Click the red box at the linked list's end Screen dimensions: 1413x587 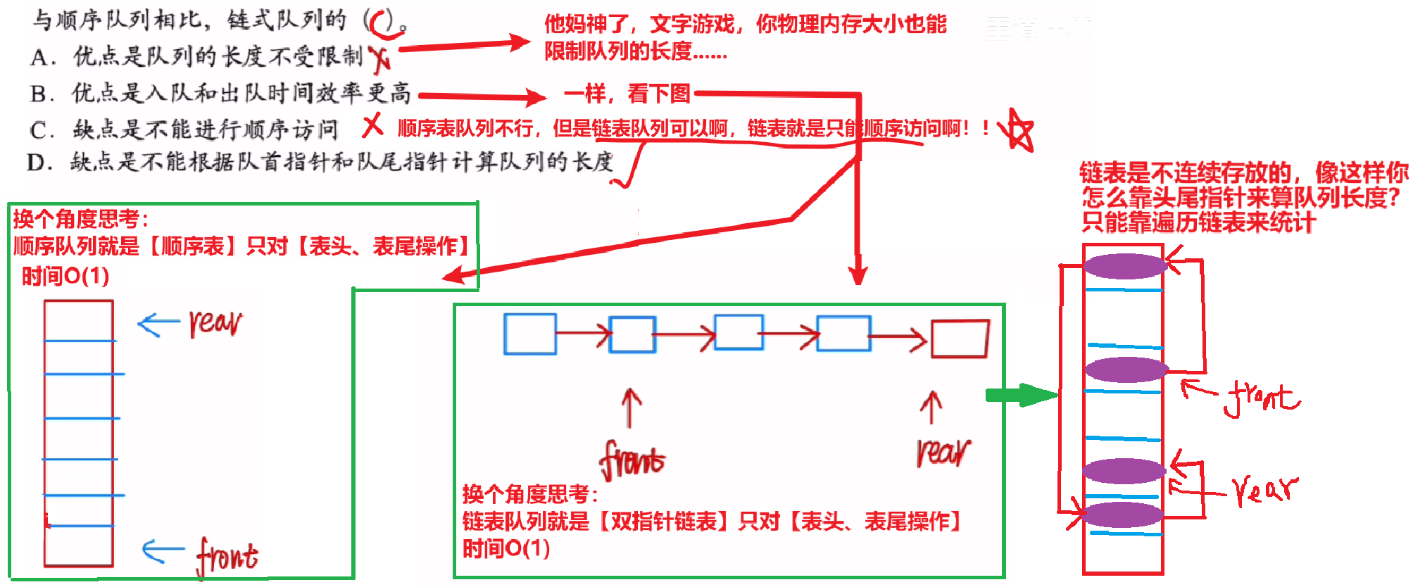960,339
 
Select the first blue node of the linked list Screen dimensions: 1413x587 530,334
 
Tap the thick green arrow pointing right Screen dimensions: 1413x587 1021,395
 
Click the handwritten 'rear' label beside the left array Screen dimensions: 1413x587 215,323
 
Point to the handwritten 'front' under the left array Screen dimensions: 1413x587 227,557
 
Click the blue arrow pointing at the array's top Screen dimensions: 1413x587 158,324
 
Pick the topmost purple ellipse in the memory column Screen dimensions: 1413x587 1124,266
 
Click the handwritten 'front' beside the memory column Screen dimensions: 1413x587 1262,398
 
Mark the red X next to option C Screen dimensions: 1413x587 372,126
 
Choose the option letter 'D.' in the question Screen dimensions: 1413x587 40,163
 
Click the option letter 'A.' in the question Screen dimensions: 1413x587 43,57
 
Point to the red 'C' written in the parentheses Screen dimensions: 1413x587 383,23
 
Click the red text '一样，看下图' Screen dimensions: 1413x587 627,93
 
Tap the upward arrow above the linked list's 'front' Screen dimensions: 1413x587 631,408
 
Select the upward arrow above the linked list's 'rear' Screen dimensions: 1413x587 931,408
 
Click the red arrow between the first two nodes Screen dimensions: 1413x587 583,334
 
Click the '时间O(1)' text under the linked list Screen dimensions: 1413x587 505,548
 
